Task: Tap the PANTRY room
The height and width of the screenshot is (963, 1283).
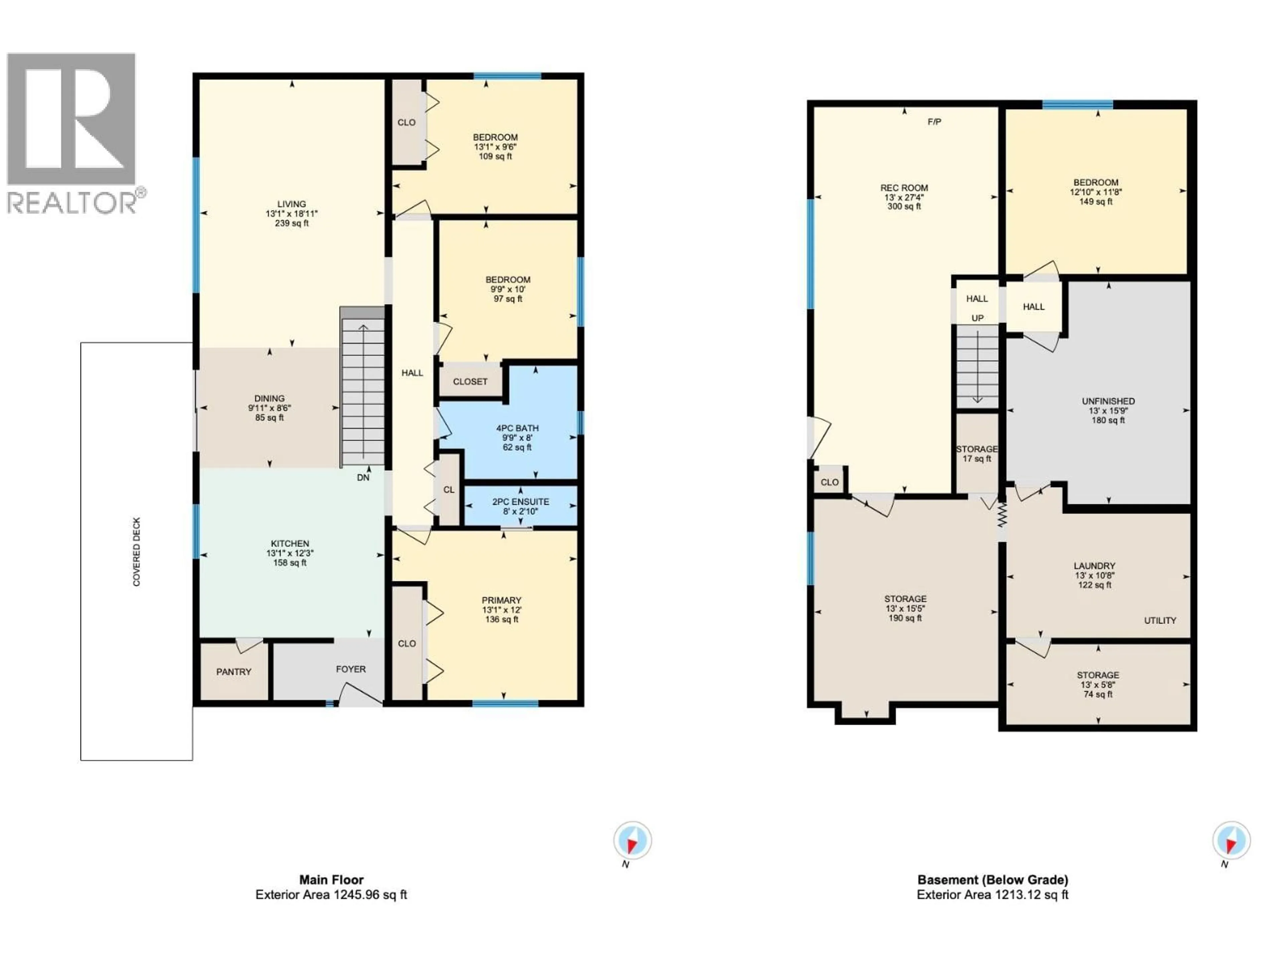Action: (x=234, y=672)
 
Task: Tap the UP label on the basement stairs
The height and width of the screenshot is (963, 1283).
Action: (x=977, y=318)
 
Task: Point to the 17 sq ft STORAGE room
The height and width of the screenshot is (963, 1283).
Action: (x=977, y=453)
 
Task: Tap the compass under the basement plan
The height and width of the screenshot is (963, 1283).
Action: (x=1231, y=840)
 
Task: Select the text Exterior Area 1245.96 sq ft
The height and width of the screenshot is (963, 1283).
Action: (x=331, y=894)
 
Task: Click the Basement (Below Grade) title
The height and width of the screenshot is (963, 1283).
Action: (x=992, y=879)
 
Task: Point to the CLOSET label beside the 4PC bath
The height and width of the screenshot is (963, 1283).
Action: (x=470, y=382)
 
